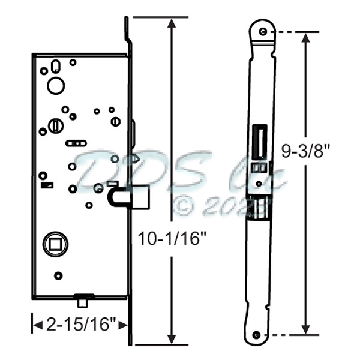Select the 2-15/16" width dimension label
(80, 325)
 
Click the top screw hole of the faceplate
(263, 31)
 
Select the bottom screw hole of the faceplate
(257, 335)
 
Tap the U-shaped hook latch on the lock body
(116, 199)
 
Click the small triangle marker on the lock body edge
(135, 158)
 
